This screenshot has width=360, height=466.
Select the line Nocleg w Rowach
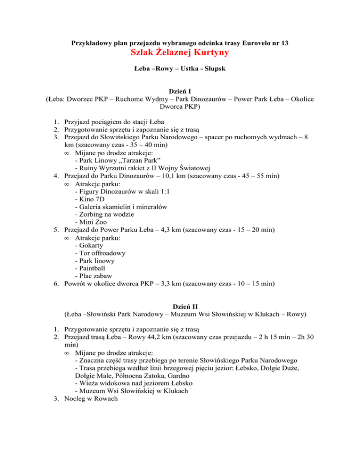point(89,400)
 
